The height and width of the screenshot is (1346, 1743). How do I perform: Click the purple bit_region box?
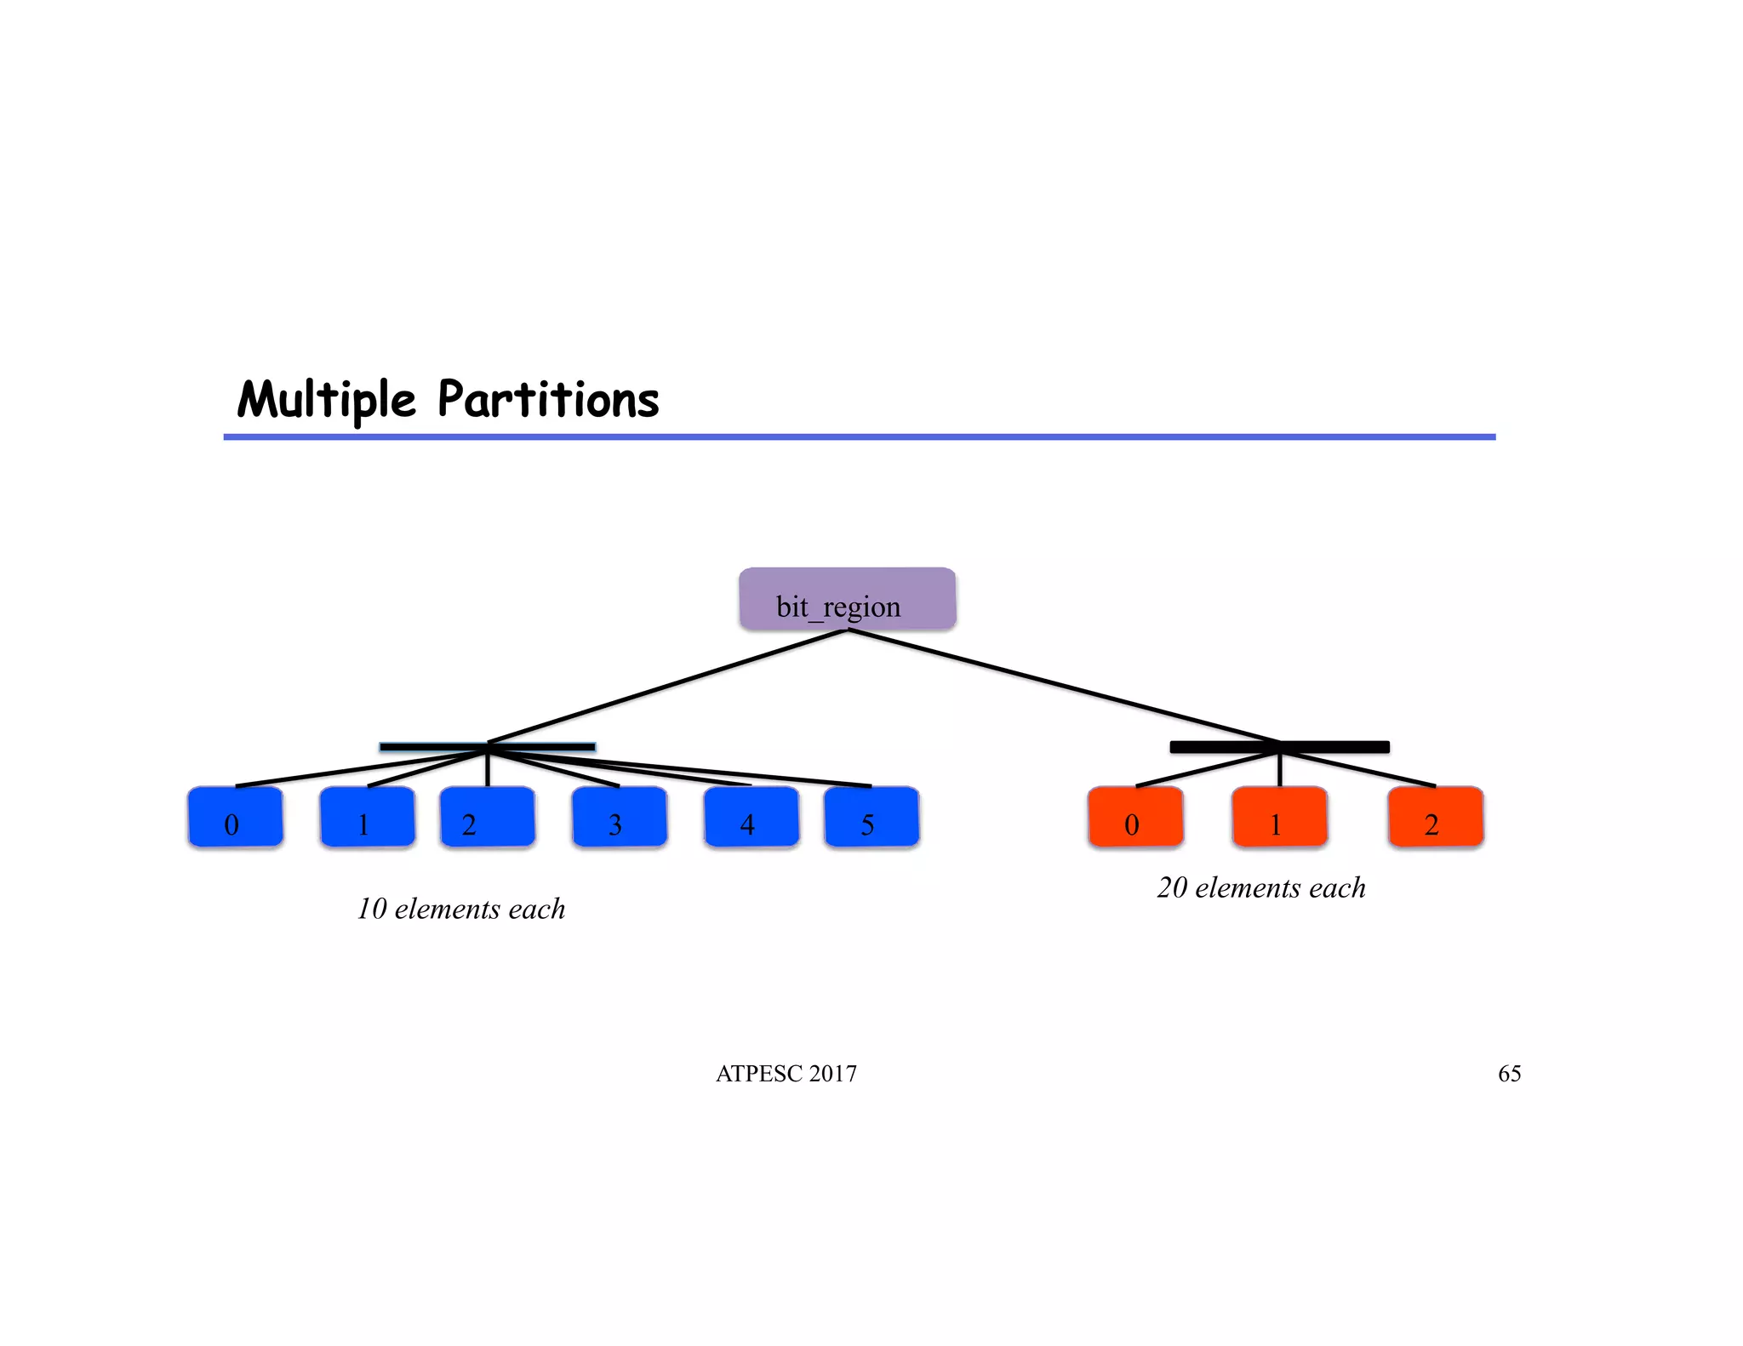coord(847,599)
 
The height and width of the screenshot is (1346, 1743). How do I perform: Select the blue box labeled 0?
coord(235,817)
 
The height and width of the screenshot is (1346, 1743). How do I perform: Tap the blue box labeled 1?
coord(367,817)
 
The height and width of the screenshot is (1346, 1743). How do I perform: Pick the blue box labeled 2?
coord(487,817)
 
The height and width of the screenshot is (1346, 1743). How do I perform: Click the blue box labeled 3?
coord(619,817)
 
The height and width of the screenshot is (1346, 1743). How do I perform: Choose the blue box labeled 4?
coord(751,817)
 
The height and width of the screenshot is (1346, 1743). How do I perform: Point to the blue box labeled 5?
coord(871,817)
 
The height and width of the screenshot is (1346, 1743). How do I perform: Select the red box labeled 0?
coord(1135,817)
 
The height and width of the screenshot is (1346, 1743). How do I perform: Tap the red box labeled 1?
coord(1279,817)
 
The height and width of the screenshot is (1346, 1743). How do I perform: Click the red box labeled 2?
coord(1435,817)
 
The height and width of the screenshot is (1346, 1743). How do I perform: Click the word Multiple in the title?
coord(327,400)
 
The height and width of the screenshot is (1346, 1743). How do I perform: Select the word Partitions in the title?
coord(548,400)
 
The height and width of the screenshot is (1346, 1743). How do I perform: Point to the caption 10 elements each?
coord(460,909)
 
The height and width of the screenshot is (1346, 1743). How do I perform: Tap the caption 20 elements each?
coord(1260,887)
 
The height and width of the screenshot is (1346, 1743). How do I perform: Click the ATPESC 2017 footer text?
coord(786,1074)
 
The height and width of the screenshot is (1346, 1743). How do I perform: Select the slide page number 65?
coord(1509,1074)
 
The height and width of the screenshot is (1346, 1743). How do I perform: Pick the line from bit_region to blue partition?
coord(668,686)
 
